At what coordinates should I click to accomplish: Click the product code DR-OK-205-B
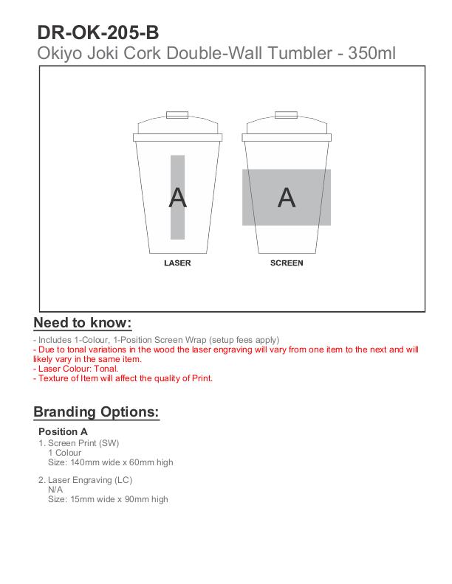[x=97, y=32]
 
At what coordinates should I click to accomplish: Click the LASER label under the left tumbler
[x=177, y=263]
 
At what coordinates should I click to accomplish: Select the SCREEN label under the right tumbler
[x=287, y=263]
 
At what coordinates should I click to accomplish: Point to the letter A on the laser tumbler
[x=177, y=198]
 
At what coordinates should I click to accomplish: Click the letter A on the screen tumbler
[x=287, y=198]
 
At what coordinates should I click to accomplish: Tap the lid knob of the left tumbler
[x=177, y=115]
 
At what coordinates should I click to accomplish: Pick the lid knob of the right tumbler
[x=287, y=115]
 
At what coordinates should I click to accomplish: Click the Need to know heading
[x=83, y=323]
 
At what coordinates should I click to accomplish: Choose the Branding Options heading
[x=96, y=412]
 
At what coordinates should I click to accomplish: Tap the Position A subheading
[x=63, y=431]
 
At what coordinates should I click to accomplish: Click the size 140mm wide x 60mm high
[x=111, y=462]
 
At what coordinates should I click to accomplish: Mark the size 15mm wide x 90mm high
[x=108, y=499]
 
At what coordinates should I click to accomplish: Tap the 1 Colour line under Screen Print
[x=65, y=453]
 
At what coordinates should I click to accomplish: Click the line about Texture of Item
[x=123, y=378]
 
